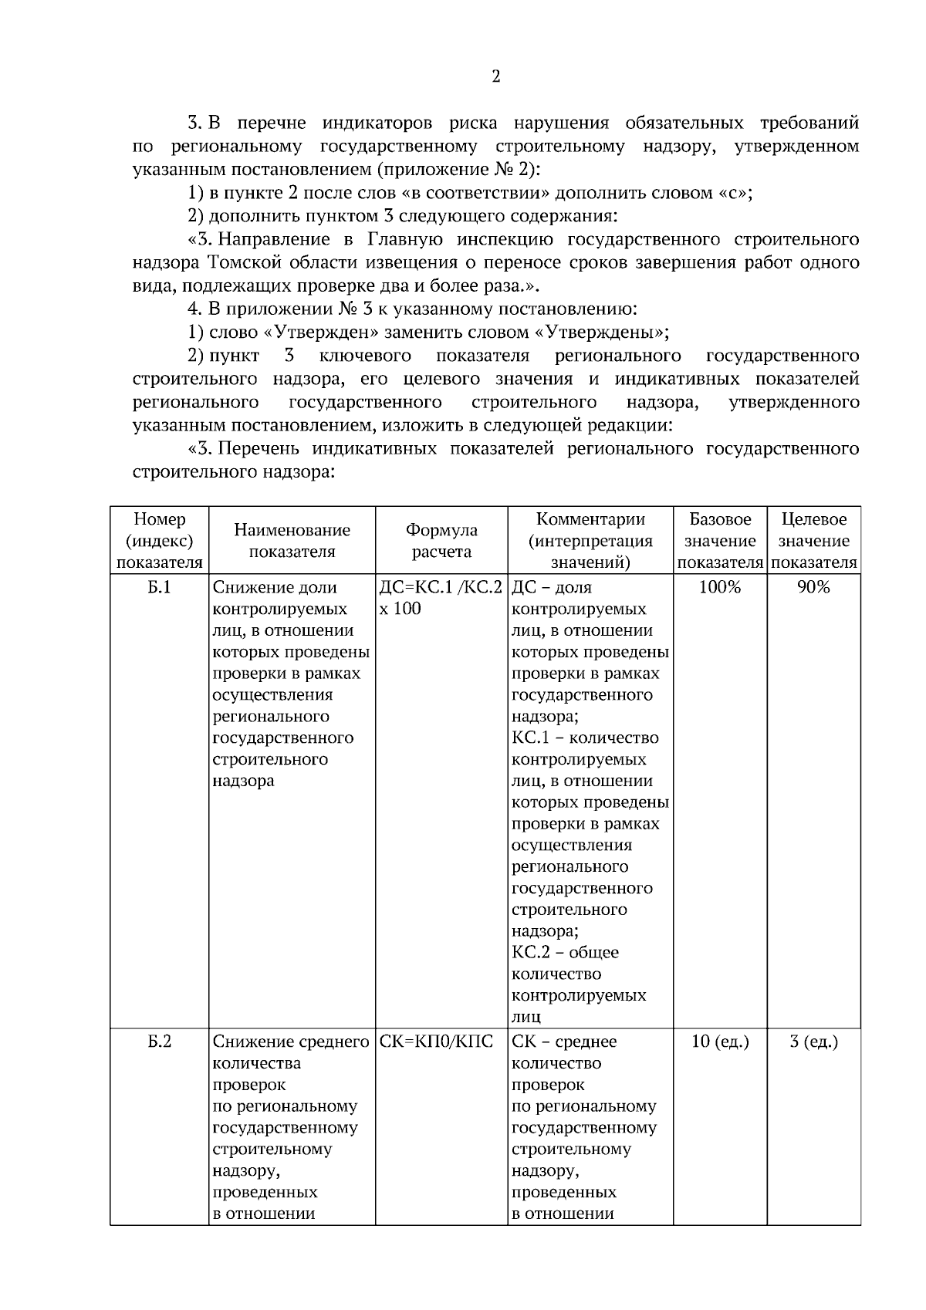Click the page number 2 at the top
tap(495, 76)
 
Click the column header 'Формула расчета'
tap(441, 541)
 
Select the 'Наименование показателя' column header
tap(292, 541)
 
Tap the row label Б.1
tap(159, 587)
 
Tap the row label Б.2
tap(159, 1042)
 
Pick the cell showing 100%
tap(719, 587)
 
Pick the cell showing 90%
tap(813, 587)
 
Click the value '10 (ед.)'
tap(719, 1042)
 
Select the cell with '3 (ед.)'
tap(813, 1042)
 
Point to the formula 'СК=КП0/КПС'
tap(436, 1042)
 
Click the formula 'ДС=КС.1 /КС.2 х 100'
tap(441, 598)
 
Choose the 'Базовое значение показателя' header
tap(720, 541)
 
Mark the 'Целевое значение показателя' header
tap(813, 541)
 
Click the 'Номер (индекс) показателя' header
tap(159, 541)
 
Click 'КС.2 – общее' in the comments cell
tap(565, 953)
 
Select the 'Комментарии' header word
tap(590, 519)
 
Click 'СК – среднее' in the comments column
tap(564, 1042)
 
